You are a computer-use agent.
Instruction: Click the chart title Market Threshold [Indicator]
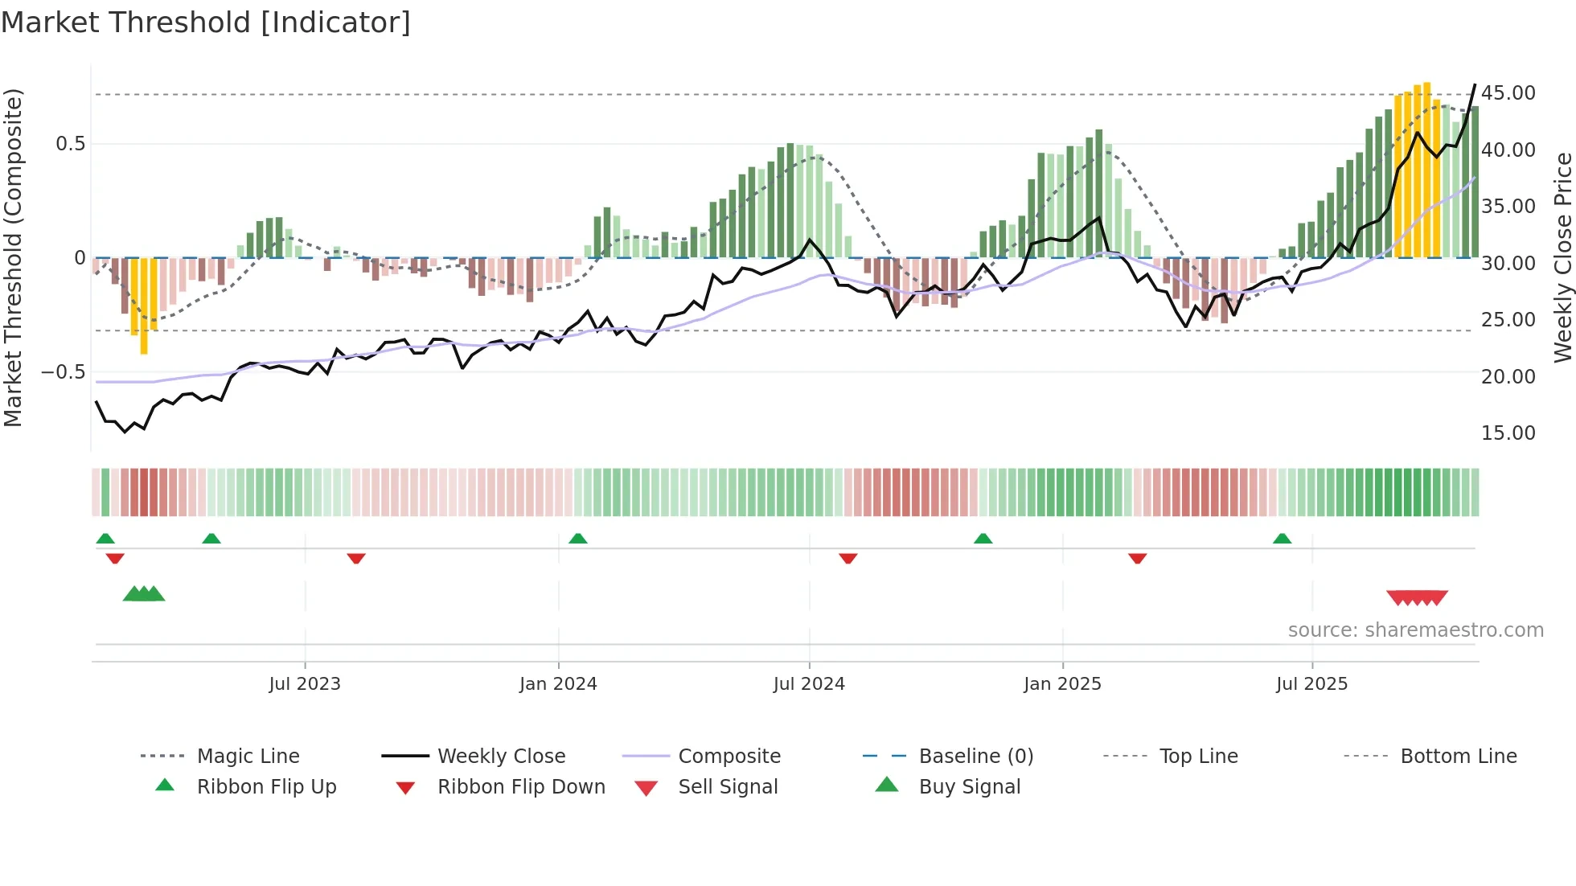pos(206,23)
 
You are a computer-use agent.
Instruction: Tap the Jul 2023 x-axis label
pos(305,684)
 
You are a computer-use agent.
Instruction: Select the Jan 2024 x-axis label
pos(558,684)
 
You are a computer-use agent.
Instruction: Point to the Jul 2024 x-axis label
pos(809,684)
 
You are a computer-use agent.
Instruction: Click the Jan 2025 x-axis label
pos(1062,684)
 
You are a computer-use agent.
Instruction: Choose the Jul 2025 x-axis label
pos(1311,684)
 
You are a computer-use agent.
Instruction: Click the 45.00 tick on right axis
pos(1508,93)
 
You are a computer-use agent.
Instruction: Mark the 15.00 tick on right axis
pos(1508,433)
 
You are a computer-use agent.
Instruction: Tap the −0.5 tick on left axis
pos(64,372)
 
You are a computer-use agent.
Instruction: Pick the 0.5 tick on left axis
pos(70,144)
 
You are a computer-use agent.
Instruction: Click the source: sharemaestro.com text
pos(1415,630)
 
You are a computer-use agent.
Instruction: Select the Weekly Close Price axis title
pos(1562,257)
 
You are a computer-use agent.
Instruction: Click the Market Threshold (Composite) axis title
pos(13,257)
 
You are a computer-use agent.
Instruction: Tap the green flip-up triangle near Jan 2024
pos(578,539)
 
